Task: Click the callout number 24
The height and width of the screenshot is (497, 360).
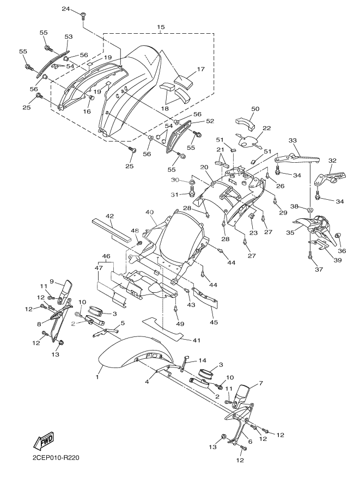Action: [65, 9]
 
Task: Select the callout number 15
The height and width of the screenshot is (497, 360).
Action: [161, 27]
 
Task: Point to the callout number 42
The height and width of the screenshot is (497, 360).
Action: [109, 216]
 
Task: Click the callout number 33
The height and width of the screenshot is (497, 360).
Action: [293, 140]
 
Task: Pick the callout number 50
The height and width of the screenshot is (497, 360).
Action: [255, 109]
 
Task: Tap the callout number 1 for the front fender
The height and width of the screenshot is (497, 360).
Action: [97, 376]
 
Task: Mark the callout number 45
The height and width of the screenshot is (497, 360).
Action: [214, 322]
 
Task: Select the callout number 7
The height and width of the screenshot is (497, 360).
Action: [260, 384]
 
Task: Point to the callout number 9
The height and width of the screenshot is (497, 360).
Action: [52, 281]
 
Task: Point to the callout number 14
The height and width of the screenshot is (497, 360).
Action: [203, 360]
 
